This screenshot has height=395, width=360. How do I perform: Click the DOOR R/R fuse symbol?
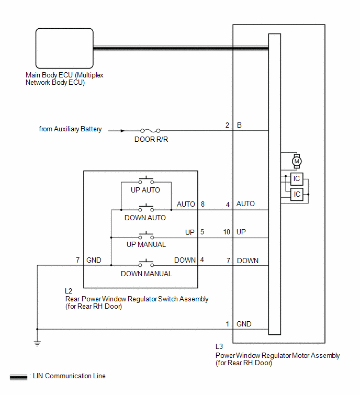[x=150, y=131]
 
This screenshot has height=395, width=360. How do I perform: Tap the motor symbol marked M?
[x=297, y=161]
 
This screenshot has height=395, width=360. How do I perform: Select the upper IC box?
[x=297, y=179]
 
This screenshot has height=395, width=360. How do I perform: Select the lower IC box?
[x=297, y=194]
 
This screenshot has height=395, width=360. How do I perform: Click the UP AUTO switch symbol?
[x=146, y=180]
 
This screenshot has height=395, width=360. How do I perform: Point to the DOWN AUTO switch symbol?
[x=146, y=208]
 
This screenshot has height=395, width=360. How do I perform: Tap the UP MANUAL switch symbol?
[x=146, y=236]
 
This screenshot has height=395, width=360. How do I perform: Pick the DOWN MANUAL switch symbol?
[x=146, y=264]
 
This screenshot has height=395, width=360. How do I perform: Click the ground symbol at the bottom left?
[x=37, y=344]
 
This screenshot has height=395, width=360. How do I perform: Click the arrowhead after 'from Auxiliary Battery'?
[x=122, y=131]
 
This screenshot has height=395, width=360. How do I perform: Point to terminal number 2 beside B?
[x=227, y=125]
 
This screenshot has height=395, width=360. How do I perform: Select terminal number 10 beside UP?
[x=227, y=232]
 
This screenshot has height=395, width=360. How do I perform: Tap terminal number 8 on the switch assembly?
[x=203, y=204]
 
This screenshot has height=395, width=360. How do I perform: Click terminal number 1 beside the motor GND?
[x=228, y=324]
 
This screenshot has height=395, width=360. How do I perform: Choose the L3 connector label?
[x=219, y=347]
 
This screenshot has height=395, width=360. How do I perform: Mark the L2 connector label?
[x=69, y=291]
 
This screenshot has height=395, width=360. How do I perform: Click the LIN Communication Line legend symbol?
[x=18, y=377]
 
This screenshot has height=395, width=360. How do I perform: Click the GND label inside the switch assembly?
[x=94, y=260]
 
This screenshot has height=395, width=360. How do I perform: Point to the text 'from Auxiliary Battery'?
[x=70, y=129]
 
